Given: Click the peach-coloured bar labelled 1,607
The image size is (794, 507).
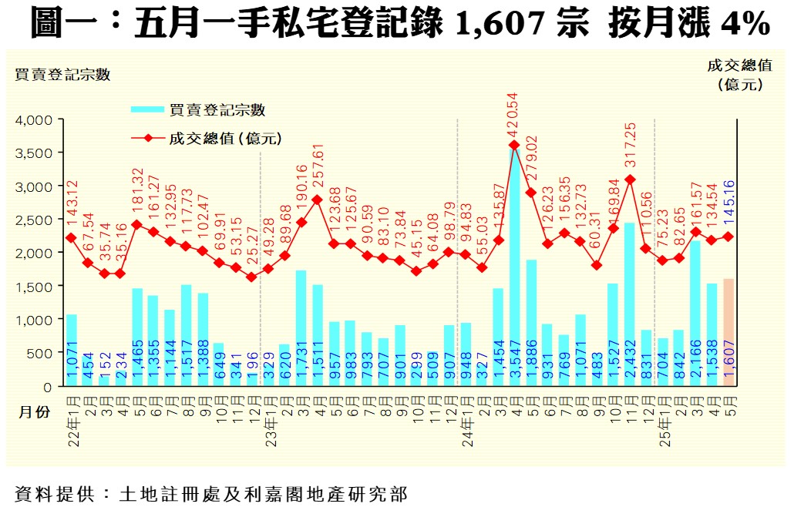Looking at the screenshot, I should (728, 331).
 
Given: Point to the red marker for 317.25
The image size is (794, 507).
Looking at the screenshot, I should (630, 180).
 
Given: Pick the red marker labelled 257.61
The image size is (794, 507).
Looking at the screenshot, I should (318, 200).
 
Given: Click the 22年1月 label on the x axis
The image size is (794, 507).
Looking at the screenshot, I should (72, 420).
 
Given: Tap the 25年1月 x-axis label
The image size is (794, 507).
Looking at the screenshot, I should (663, 420).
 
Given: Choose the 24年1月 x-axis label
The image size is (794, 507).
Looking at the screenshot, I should (466, 420).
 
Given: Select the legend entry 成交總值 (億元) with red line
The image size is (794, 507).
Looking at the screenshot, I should (208, 139).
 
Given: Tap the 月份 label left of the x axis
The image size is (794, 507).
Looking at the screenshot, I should (34, 412).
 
